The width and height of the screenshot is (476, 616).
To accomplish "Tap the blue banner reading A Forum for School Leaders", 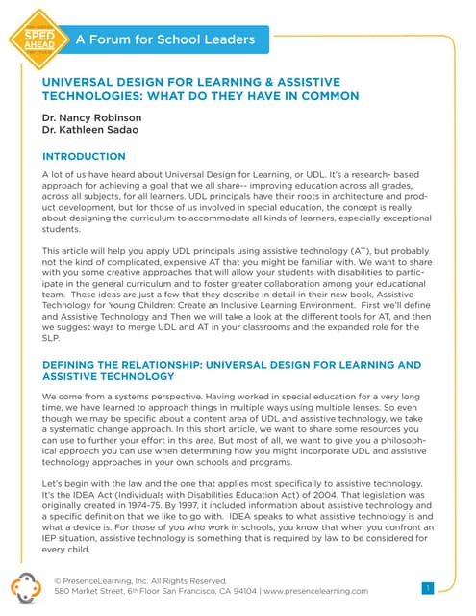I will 165,39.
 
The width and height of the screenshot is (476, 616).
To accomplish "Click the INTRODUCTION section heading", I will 84,156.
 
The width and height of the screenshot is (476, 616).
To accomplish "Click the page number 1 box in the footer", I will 428,587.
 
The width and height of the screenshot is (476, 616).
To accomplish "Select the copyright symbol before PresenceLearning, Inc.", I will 59,580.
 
